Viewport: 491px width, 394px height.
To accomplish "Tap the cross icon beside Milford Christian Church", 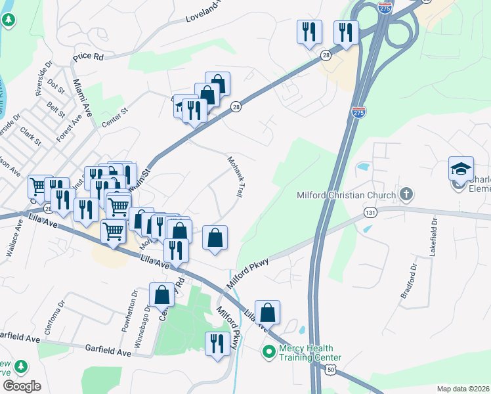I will point(407,194).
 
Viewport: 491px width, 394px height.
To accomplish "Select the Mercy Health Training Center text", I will point(306,353).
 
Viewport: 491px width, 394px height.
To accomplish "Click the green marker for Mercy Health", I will point(268,353).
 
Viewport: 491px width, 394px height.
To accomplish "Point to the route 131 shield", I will point(370,213).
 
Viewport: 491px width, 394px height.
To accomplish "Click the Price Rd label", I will point(89,57).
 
